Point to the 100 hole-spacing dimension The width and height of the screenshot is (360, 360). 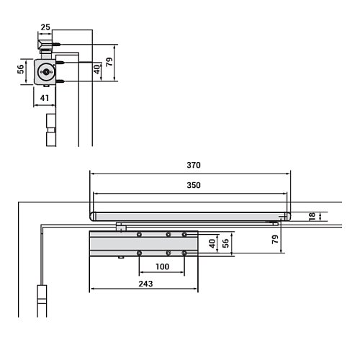click(161, 267)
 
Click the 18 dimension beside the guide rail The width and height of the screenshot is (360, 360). click(310, 216)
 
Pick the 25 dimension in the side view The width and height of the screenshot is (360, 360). click(45, 27)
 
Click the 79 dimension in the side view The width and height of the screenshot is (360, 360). click(109, 62)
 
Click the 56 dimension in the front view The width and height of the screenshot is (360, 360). click(225, 243)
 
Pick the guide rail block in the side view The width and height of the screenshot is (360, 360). click(45, 48)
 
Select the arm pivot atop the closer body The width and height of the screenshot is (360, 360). click(120, 228)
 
